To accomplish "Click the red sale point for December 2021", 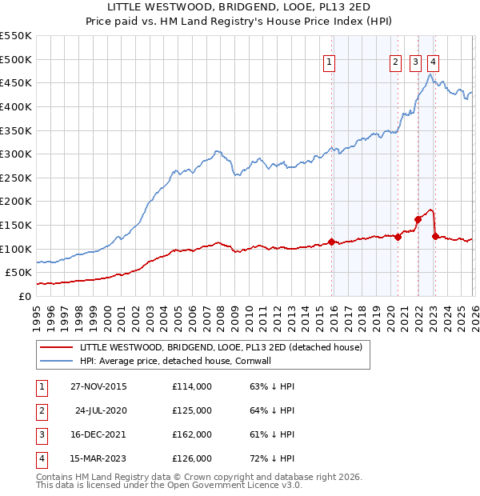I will (418, 218).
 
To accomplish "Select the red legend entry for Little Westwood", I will (221, 347).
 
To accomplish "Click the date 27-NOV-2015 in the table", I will (98, 386).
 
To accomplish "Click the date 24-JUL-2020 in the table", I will (100, 410).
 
